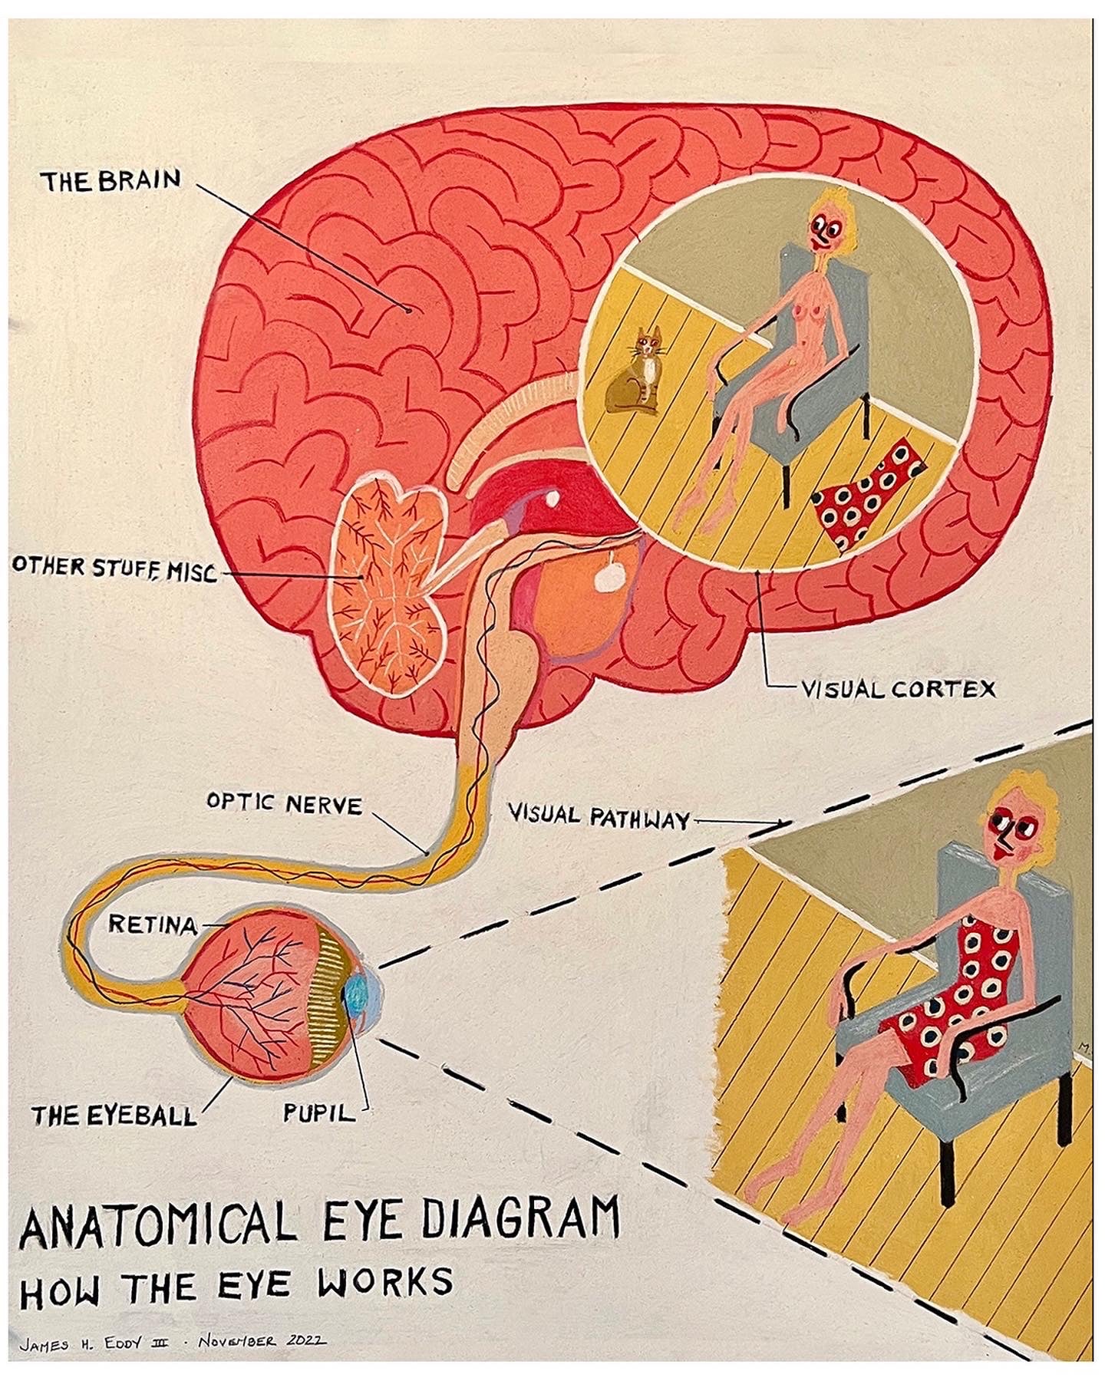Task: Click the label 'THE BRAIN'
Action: click(111, 181)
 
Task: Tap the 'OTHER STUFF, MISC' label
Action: click(114, 569)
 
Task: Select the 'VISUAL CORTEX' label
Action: click(898, 689)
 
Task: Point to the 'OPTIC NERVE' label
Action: click(284, 805)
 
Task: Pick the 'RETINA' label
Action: click(153, 925)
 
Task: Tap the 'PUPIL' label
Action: click(319, 1112)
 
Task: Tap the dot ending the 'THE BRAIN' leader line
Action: click(408, 310)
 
